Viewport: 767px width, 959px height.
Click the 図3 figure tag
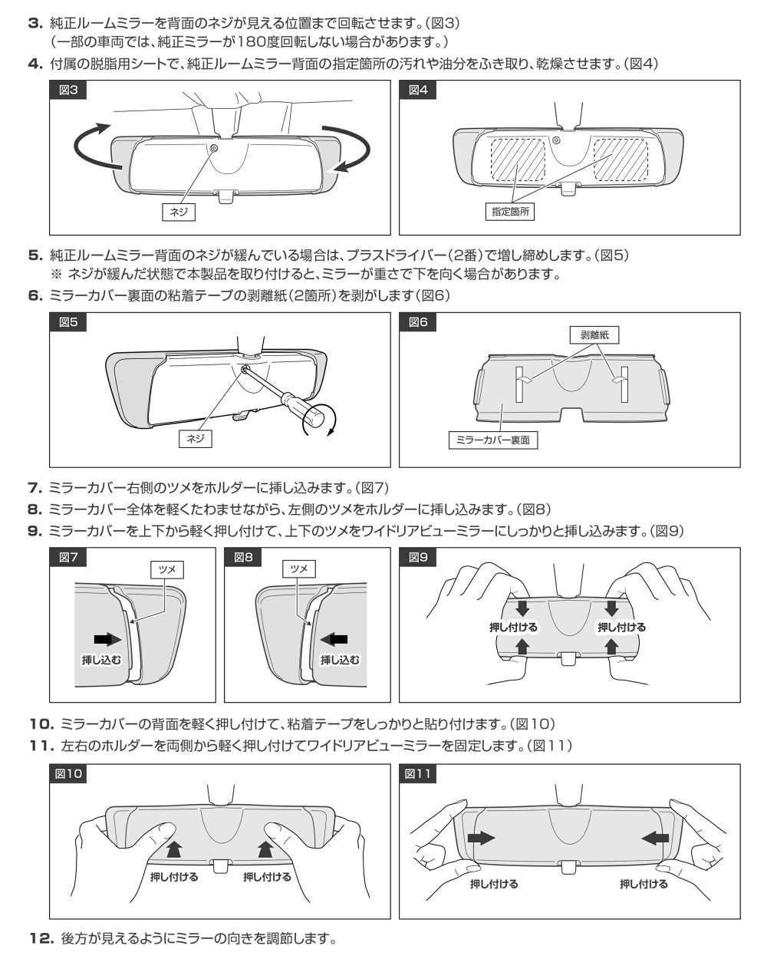(67, 90)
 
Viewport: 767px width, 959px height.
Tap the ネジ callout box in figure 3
(178, 212)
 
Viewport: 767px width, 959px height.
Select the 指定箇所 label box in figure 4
(509, 211)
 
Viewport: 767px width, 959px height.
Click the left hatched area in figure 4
(518, 159)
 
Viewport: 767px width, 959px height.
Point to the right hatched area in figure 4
(621, 159)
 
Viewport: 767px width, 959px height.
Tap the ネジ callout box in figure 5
(195, 439)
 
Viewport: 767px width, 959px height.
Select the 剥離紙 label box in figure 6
(594, 335)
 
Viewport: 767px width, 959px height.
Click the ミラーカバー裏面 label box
(492, 440)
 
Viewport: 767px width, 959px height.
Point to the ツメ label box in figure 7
(166, 569)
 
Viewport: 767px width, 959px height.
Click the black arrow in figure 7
(107, 640)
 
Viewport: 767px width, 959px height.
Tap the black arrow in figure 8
(334, 640)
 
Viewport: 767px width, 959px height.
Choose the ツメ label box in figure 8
(299, 568)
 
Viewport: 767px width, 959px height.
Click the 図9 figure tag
(417, 556)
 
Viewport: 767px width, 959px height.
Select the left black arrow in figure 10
(174, 849)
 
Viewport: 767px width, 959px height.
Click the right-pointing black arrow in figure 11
(482, 837)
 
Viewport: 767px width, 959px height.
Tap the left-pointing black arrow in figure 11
(655, 837)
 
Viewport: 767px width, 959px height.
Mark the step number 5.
(35, 255)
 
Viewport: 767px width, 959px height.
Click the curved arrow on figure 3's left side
(92, 147)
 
